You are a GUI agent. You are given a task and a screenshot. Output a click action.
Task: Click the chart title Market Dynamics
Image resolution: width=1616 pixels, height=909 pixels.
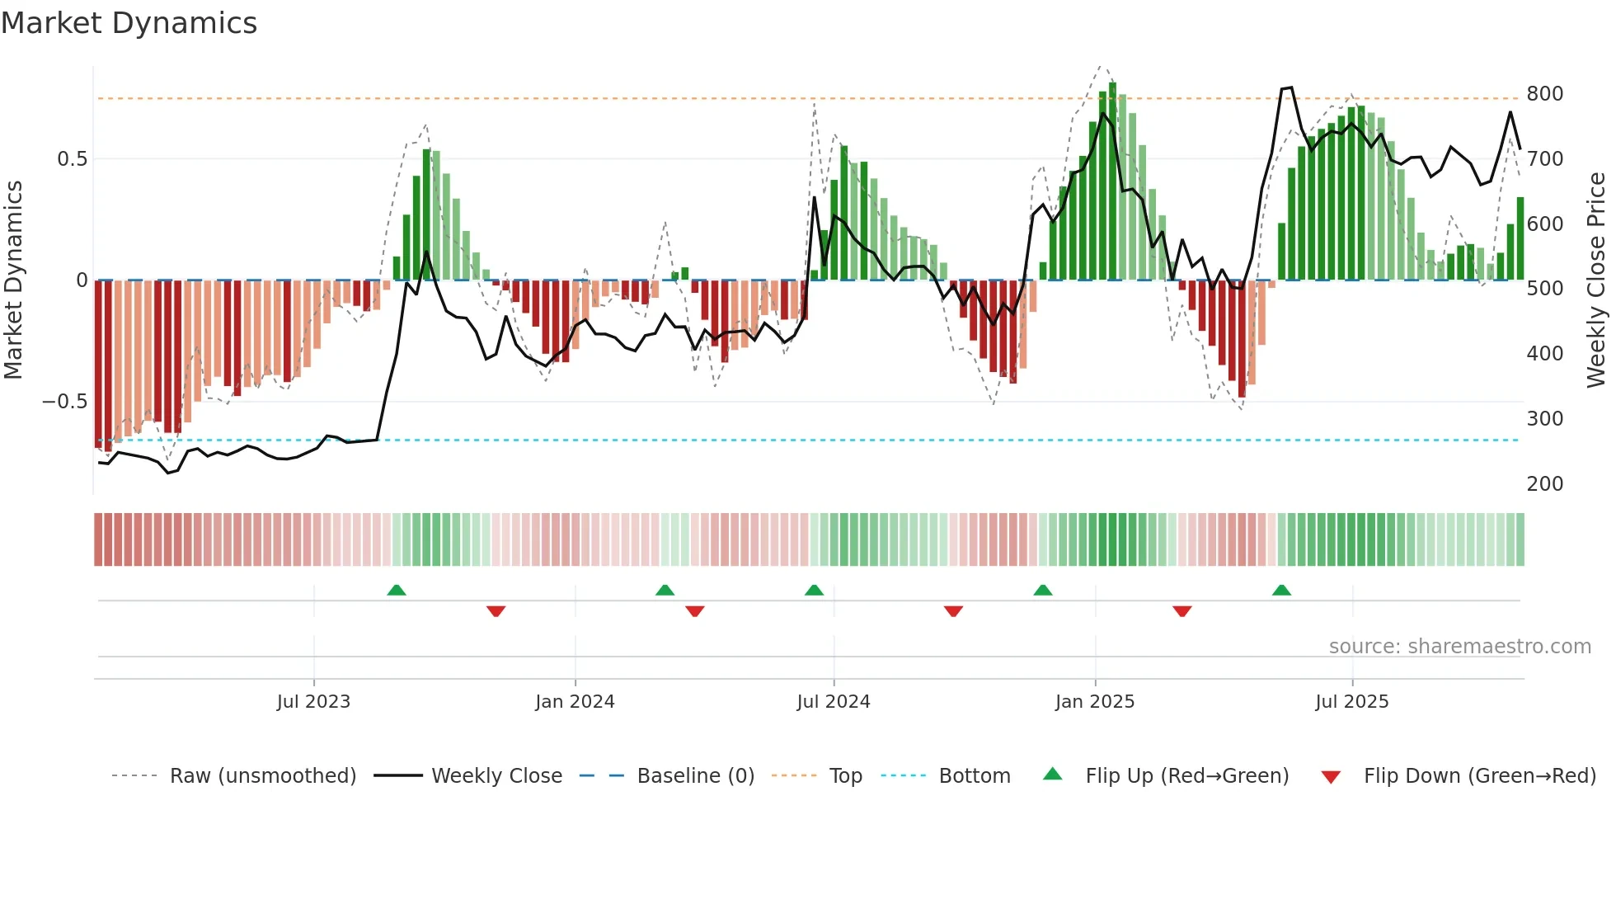coord(129,23)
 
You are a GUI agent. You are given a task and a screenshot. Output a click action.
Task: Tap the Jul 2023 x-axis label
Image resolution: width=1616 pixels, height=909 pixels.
coord(313,702)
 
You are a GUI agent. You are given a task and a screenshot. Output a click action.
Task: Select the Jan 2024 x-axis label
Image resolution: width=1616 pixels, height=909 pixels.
coord(575,702)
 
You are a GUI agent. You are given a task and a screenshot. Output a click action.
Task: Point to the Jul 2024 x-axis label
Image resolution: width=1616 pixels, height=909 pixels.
coord(834,702)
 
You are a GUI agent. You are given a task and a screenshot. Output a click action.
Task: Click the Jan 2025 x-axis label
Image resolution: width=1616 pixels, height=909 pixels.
coord(1095,702)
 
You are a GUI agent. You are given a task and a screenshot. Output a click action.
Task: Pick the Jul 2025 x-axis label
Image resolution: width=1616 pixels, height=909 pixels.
coord(1352,702)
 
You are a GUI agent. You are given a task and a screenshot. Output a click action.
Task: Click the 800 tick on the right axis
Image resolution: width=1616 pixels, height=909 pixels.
coord(1544,94)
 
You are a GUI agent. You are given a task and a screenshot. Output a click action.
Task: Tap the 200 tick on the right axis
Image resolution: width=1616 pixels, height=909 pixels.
coord(1544,484)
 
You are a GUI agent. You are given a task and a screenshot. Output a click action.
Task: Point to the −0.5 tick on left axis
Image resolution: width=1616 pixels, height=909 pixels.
coord(64,402)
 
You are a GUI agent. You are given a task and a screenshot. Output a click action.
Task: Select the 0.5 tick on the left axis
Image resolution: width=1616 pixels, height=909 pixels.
coord(72,159)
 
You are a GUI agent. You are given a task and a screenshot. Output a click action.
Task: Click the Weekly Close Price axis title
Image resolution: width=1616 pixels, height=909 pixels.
coord(1597,280)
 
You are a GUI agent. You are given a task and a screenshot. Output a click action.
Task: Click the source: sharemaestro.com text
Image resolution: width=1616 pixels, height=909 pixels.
coord(1459,647)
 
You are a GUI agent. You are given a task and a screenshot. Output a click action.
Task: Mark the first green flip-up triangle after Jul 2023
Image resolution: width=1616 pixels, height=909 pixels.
coord(397,590)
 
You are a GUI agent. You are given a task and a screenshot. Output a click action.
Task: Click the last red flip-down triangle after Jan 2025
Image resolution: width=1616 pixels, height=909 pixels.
coord(1181,611)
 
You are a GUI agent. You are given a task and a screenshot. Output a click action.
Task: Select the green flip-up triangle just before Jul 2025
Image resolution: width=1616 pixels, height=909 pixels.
coord(1281,590)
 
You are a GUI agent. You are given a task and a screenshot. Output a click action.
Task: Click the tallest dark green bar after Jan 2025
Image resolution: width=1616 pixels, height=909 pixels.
coord(1112,181)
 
